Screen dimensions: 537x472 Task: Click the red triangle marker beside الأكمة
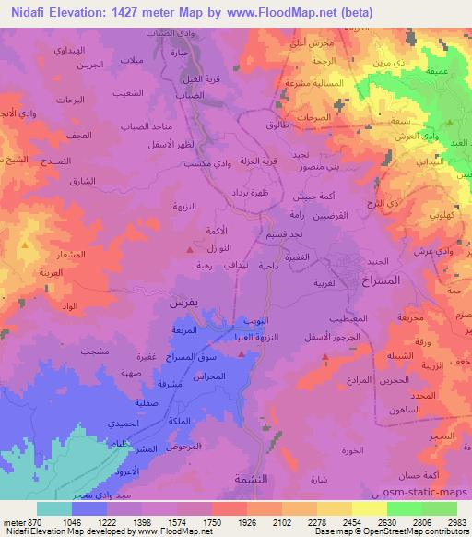[191, 248]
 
